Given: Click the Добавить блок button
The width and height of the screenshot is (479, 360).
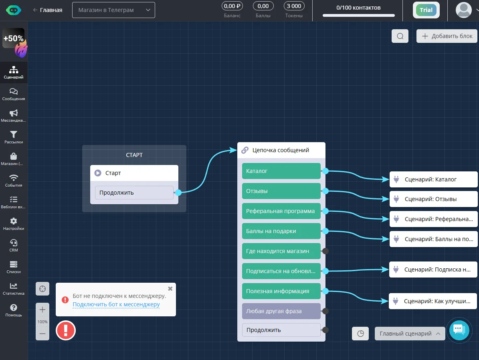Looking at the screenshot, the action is click(447, 36).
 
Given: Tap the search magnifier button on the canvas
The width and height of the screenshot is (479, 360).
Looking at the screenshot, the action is click(400, 36).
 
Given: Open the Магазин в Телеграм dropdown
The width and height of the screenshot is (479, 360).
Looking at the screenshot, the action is click(114, 10).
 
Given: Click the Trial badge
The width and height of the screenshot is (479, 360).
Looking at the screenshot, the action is click(426, 10).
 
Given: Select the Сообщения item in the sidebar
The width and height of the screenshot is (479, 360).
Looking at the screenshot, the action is click(14, 94).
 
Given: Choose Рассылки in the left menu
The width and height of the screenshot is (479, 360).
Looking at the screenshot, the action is click(14, 137).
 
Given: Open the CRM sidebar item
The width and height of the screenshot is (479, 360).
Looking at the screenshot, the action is click(14, 245).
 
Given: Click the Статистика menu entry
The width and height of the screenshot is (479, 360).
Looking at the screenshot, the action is click(14, 289).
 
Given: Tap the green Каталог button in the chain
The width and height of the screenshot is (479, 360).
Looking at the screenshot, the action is click(281, 171).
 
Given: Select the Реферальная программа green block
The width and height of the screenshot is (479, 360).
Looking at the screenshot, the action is click(281, 211).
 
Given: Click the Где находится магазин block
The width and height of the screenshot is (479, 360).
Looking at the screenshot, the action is click(281, 251).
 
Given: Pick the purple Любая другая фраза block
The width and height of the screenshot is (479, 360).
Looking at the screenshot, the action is click(281, 311).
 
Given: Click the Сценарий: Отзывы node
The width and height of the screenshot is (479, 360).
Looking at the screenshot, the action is click(433, 199).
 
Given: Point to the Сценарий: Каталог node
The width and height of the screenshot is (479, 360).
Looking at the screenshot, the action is click(433, 179).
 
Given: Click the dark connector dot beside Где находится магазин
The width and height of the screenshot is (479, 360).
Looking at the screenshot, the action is click(325, 251).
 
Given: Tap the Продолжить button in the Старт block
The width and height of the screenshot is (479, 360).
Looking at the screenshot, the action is click(134, 193).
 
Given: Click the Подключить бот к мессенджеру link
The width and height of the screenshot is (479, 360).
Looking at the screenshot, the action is click(116, 304).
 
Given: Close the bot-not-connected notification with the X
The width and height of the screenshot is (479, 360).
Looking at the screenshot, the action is click(170, 289).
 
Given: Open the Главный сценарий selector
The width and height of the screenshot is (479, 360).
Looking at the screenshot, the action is click(410, 334).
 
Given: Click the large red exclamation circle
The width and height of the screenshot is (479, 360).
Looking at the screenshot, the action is click(66, 330).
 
